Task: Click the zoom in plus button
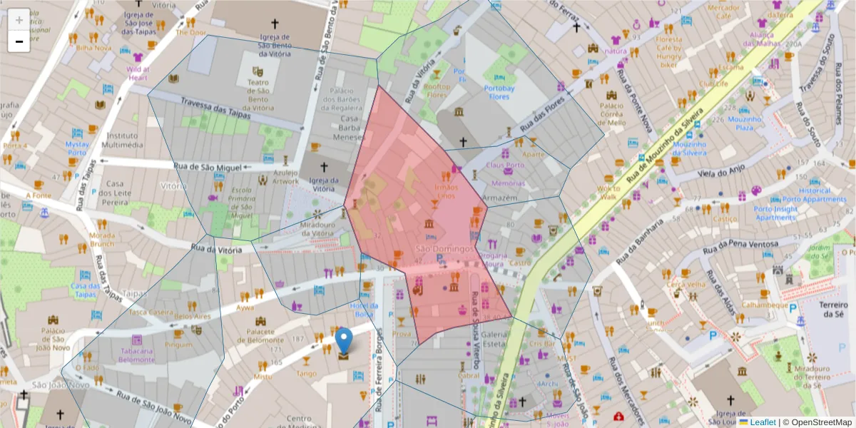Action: coord(19,19)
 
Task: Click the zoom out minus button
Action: coord(19,41)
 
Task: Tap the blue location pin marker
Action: coord(344,341)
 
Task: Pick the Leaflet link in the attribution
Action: coord(763,422)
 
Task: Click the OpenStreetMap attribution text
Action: coord(817,422)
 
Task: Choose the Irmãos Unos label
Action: coord(444,192)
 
